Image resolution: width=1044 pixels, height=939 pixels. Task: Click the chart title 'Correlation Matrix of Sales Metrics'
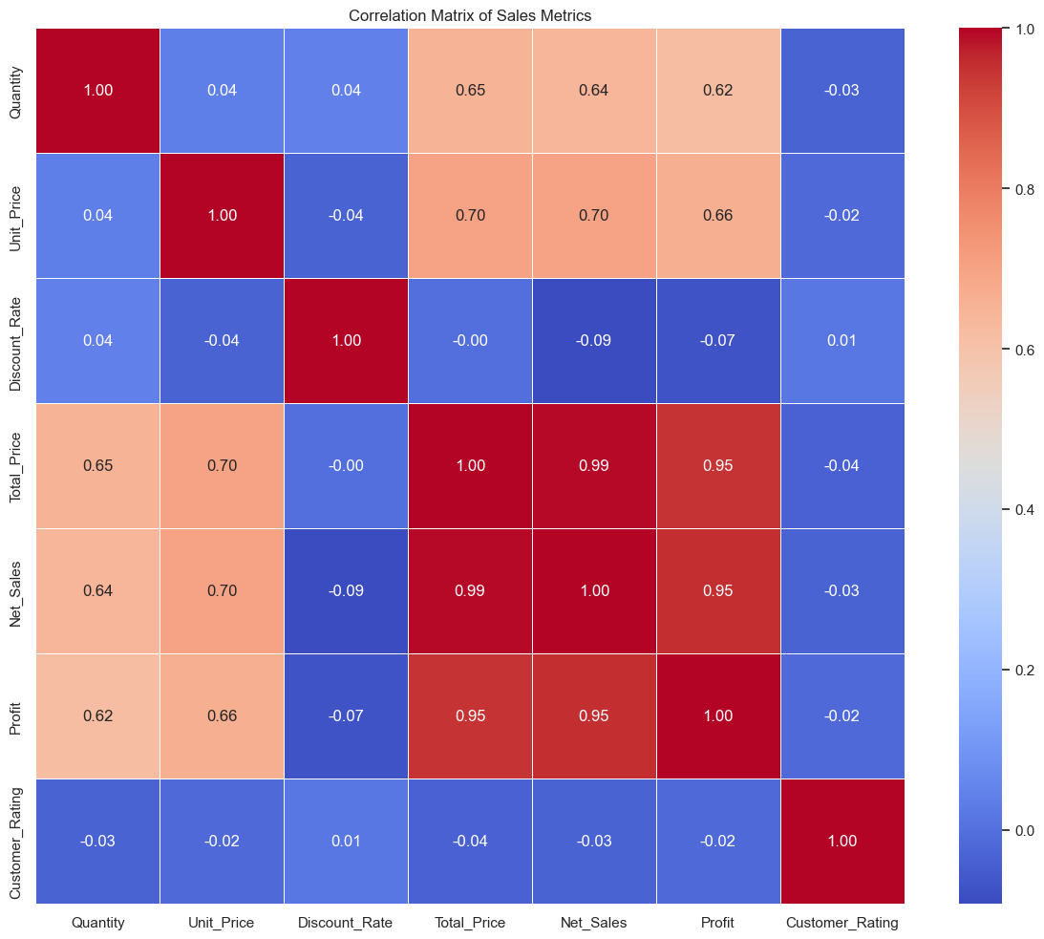(470, 15)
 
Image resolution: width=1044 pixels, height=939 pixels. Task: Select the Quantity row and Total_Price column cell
(470, 91)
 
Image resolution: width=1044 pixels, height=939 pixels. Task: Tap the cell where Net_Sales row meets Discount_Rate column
(346, 591)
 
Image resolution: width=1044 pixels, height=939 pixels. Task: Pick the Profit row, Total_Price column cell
(470, 716)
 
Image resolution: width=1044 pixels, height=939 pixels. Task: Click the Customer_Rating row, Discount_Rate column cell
(346, 842)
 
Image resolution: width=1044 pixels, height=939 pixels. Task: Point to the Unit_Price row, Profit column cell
(718, 216)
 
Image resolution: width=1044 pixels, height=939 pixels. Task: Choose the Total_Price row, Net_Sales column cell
(594, 466)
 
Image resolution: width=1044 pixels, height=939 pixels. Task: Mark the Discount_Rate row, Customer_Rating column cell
(842, 341)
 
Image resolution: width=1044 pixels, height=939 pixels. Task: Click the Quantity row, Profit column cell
(718, 91)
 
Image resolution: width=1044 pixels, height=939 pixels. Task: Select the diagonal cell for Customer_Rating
(842, 842)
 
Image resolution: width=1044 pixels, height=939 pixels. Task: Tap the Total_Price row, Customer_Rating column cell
(842, 466)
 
